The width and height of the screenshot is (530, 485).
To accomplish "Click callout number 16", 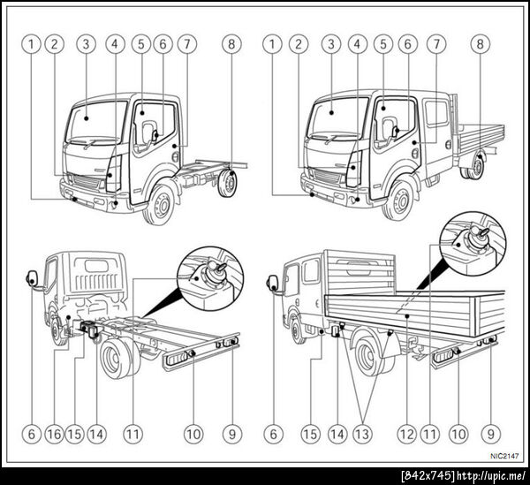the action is point(55,434).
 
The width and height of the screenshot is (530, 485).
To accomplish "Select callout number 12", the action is point(407,434).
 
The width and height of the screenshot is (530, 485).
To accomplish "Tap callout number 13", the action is point(362,434).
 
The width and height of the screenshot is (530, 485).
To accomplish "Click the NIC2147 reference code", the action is point(504,456).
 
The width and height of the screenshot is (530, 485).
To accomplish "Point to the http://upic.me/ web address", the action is point(491,476).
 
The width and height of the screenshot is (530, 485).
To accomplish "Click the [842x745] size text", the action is point(428,476).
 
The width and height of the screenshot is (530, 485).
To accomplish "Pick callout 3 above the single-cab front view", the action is point(86,44).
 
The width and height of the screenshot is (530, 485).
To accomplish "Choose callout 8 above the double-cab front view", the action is point(480,44).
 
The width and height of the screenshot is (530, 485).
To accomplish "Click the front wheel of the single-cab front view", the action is point(159,203).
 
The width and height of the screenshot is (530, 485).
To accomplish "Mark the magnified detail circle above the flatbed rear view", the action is point(473,245).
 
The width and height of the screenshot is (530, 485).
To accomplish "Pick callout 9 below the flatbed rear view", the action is point(491,434).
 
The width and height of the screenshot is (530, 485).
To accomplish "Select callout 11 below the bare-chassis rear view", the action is point(132,434).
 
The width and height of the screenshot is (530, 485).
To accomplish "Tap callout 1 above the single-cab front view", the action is point(31,44).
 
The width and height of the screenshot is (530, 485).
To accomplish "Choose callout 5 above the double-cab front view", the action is point(383,44).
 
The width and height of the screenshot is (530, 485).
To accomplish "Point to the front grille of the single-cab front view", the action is point(87,182).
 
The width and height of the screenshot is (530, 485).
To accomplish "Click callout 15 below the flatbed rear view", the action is point(310,434).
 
